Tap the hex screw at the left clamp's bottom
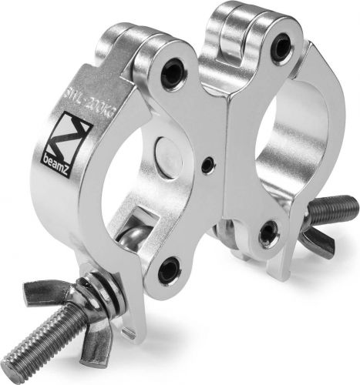coord(169,269)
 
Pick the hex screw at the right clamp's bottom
coord(267,232)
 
